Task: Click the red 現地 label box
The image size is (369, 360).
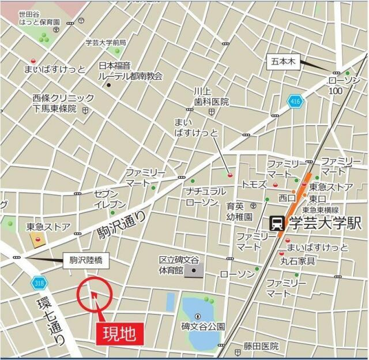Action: click(118, 333)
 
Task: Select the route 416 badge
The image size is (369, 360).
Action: click(295, 102)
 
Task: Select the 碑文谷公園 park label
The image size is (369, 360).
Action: click(203, 327)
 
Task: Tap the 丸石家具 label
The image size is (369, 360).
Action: click(300, 261)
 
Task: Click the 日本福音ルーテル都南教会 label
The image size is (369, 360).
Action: click(130, 71)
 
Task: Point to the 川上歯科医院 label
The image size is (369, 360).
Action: click(211, 96)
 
